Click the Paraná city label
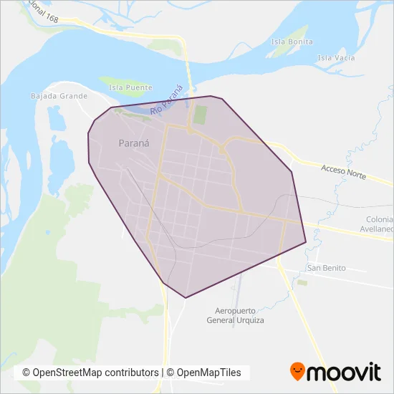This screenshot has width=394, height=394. (x=134, y=143)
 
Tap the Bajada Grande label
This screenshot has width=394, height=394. (x=59, y=95)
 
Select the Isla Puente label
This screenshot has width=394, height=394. (x=130, y=88)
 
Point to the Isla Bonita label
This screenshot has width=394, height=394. (x=292, y=42)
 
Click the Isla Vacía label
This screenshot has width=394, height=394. (x=336, y=57)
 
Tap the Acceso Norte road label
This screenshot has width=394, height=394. (x=344, y=172)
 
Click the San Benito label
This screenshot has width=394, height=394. (x=326, y=268)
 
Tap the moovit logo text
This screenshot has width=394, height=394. (x=344, y=373)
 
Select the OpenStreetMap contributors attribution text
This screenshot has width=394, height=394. (x=90, y=373)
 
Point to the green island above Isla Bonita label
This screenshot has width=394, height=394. (x=297, y=32)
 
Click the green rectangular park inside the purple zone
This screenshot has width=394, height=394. (x=200, y=115)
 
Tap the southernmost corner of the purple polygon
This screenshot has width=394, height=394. (x=186, y=297)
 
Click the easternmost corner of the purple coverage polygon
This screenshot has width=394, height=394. (x=306, y=242)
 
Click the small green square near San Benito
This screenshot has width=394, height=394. (x=302, y=283)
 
